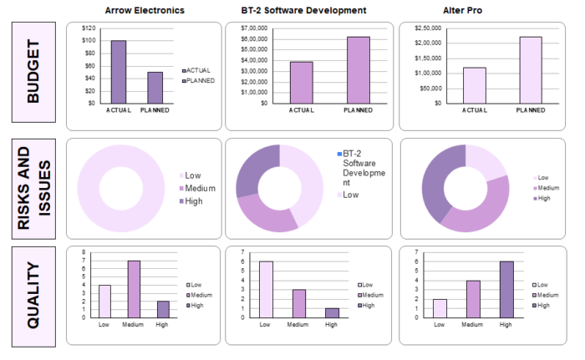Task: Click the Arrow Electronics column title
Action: click(145, 10)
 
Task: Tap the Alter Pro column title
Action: click(467, 10)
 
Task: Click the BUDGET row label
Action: click(33, 75)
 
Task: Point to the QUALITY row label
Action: click(33, 295)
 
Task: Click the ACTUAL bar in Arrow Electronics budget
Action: click(118, 72)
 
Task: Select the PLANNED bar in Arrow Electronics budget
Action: click(155, 87)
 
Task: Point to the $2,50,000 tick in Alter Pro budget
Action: click(428, 28)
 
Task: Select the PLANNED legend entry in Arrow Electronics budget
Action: click(200, 80)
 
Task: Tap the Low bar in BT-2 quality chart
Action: click(266, 289)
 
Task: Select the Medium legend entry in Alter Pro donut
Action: click(542, 188)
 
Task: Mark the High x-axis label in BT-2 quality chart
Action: click(331, 324)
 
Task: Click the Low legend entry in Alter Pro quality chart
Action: click(542, 285)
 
